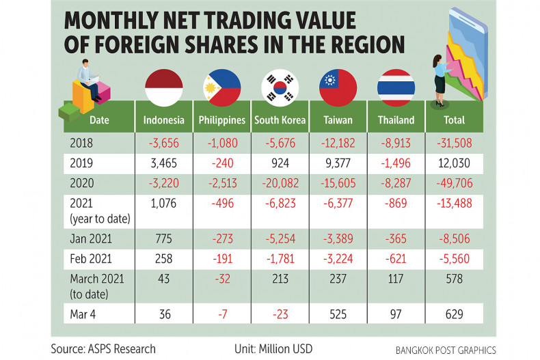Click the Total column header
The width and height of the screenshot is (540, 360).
coord(454,120)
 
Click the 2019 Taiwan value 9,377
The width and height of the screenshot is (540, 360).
coord(338,164)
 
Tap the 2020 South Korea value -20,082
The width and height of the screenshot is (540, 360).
coord(280,184)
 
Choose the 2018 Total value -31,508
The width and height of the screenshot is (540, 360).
coord(454,143)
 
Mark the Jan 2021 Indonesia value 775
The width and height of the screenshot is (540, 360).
coord(163,238)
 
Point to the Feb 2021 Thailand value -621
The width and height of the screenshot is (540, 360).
coord(396,260)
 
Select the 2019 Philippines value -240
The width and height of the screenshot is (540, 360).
coord(221,164)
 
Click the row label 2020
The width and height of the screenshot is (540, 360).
coord(82,184)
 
